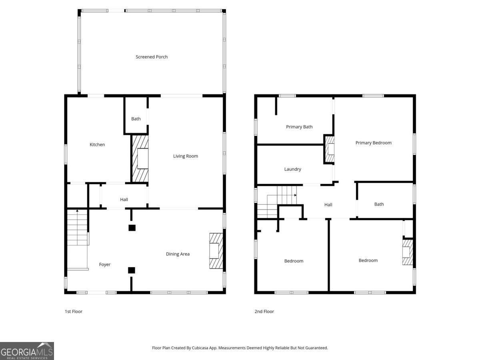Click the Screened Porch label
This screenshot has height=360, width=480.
152,57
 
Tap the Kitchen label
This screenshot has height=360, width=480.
97,144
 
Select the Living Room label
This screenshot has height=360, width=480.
186,156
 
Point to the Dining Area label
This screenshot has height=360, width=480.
178,254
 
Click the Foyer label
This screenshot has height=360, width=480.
105,264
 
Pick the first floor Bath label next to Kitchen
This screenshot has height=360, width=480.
136,119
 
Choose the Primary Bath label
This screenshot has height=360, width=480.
299,127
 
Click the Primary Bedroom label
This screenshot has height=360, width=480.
374,143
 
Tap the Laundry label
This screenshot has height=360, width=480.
292,169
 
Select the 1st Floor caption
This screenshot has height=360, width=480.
74,311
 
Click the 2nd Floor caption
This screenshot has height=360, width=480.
264,311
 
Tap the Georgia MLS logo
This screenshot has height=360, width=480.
27,351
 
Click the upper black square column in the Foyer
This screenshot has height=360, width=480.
132,228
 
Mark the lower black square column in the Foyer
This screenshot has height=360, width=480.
132,270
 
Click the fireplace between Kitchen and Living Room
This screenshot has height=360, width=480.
140,158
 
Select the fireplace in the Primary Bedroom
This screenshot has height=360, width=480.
329,149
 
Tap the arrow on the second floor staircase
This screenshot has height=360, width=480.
295,195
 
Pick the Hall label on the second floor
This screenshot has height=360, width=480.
328,205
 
